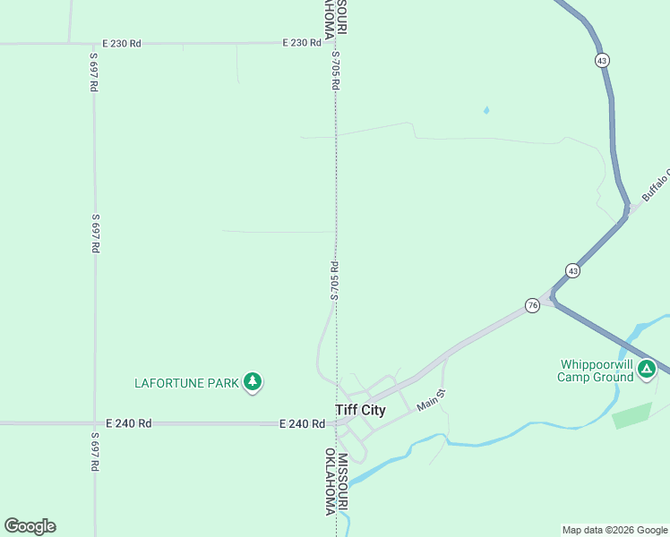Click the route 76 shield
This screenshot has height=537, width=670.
tap(533, 305)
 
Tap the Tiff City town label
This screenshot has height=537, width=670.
tap(360, 411)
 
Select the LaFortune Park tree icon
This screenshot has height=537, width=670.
tap(253, 382)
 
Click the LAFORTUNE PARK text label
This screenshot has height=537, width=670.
tap(186, 383)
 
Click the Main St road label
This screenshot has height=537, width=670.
tap(430, 400)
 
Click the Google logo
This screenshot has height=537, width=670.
tap(30, 526)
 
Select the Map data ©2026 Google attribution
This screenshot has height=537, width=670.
tap(614, 530)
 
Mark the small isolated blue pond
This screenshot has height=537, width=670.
tap(486, 110)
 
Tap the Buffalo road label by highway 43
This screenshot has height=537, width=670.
tap(655, 184)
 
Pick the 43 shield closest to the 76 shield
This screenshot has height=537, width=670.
tap(571, 270)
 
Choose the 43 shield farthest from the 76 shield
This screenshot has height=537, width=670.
tap(602, 60)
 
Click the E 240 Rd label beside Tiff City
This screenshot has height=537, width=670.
tap(302, 423)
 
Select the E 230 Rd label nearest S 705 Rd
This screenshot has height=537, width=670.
tap(301, 42)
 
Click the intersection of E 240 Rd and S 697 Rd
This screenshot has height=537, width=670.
tap(94, 423)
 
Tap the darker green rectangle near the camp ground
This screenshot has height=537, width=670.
tap(632, 415)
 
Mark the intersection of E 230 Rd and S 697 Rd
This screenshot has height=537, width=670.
tap(93, 42)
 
